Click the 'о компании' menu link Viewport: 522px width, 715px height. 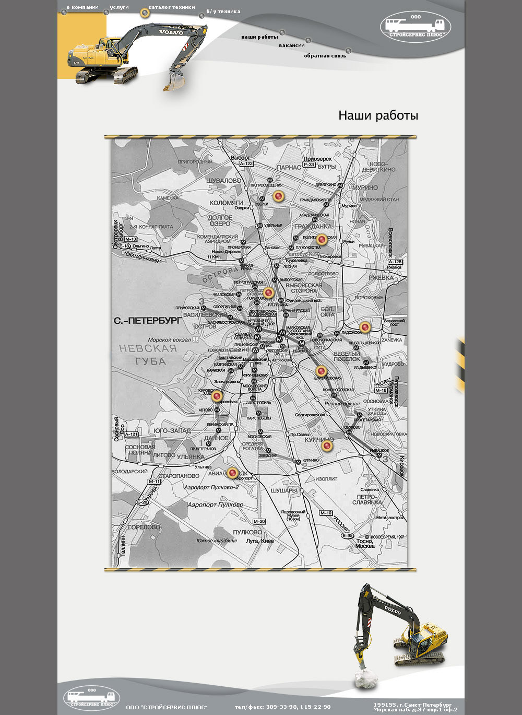click(x=82, y=8)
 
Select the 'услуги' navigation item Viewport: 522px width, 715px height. click(x=119, y=8)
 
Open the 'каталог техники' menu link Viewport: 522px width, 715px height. click(x=171, y=8)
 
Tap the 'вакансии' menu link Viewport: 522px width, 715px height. click(x=291, y=45)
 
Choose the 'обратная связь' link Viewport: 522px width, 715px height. click(x=325, y=56)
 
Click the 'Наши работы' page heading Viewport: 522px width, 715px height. click(x=378, y=115)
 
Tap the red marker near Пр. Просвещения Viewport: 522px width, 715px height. click(x=278, y=196)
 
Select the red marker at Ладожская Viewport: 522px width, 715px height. click(x=365, y=327)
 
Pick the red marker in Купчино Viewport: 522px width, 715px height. click(x=327, y=446)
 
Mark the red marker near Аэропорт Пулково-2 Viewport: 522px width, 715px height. click(x=233, y=473)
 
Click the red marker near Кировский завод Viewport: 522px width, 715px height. click(x=217, y=396)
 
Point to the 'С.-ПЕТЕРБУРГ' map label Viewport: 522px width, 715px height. click(x=148, y=320)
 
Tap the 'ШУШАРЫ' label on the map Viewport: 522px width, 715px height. click(x=284, y=491)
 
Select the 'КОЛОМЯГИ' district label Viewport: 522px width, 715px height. click(x=226, y=203)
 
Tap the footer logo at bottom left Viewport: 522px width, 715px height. click(x=91, y=698)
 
